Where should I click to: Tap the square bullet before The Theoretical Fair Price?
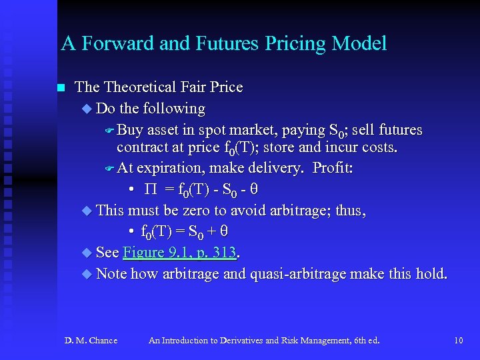click(61, 88)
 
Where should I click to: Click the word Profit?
click(333, 168)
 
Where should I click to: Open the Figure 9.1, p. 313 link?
click(181, 252)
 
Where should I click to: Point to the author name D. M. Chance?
click(91, 341)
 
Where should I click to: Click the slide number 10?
click(458, 341)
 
